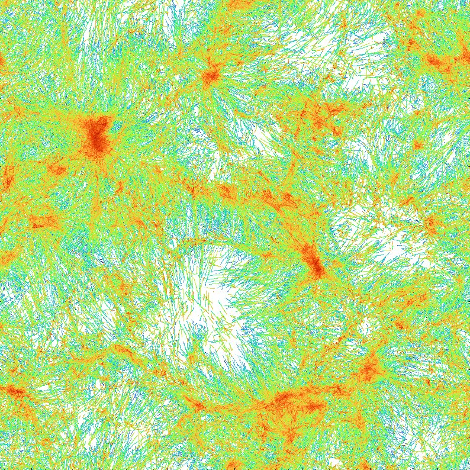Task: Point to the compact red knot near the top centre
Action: pyautogui.click(x=210, y=76)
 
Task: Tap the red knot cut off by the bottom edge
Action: pyautogui.click(x=234, y=464)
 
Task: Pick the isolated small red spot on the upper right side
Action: pyautogui.click(x=418, y=145)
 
